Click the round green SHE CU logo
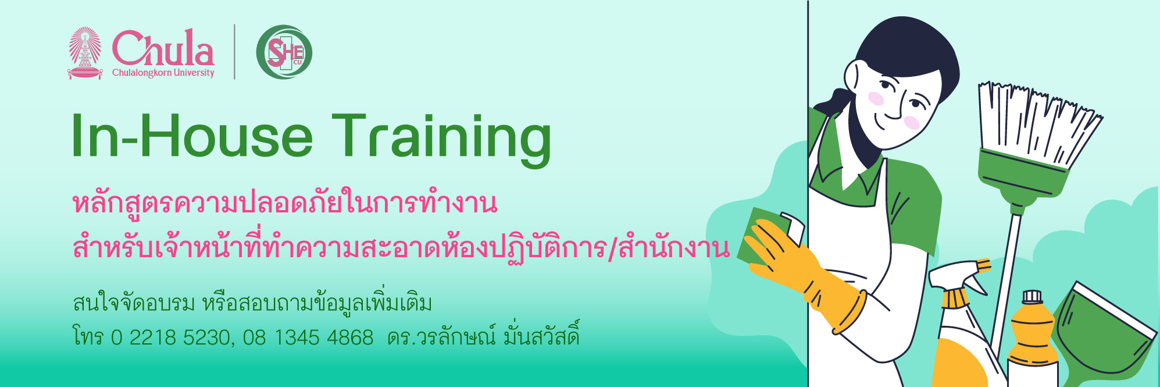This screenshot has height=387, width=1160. (x=284, y=52)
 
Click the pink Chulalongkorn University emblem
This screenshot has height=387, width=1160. (x=85, y=52)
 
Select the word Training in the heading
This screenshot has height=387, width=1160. (x=441, y=139)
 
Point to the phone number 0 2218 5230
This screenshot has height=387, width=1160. (x=170, y=338)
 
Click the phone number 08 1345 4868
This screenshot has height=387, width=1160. (x=308, y=338)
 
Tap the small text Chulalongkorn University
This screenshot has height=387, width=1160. (x=163, y=73)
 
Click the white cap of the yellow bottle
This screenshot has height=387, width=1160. (x=1031, y=297)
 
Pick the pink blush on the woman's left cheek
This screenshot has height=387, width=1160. (x=912, y=122)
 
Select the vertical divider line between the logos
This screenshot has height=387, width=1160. (x=235, y=52)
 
